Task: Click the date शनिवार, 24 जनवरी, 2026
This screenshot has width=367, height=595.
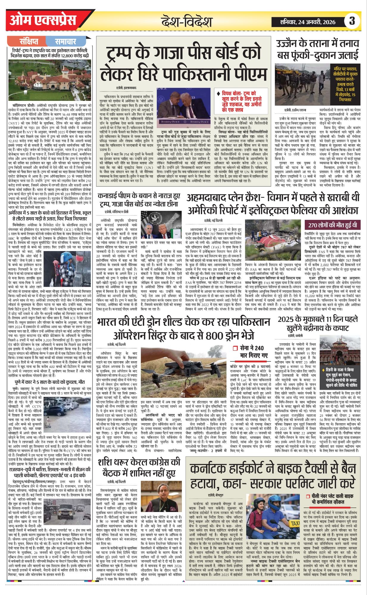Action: click(307, 22)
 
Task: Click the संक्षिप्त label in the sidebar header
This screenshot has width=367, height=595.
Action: click(29, 41)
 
